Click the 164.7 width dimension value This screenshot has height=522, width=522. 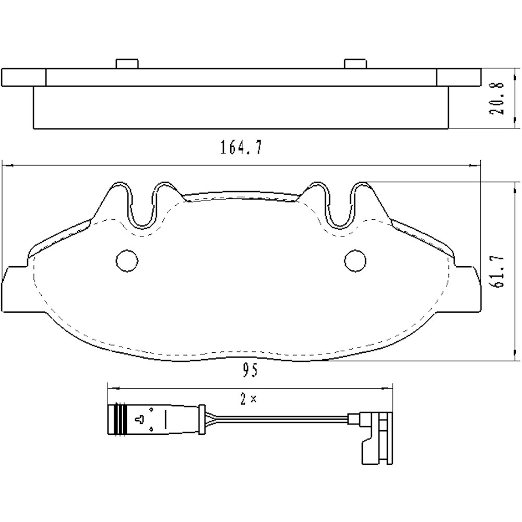[x=240, y=148]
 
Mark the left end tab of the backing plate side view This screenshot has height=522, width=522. [x=24, y=77]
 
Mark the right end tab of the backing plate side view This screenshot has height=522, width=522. [x=458, y=77]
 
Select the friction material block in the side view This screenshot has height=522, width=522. [x=240, y=108]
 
